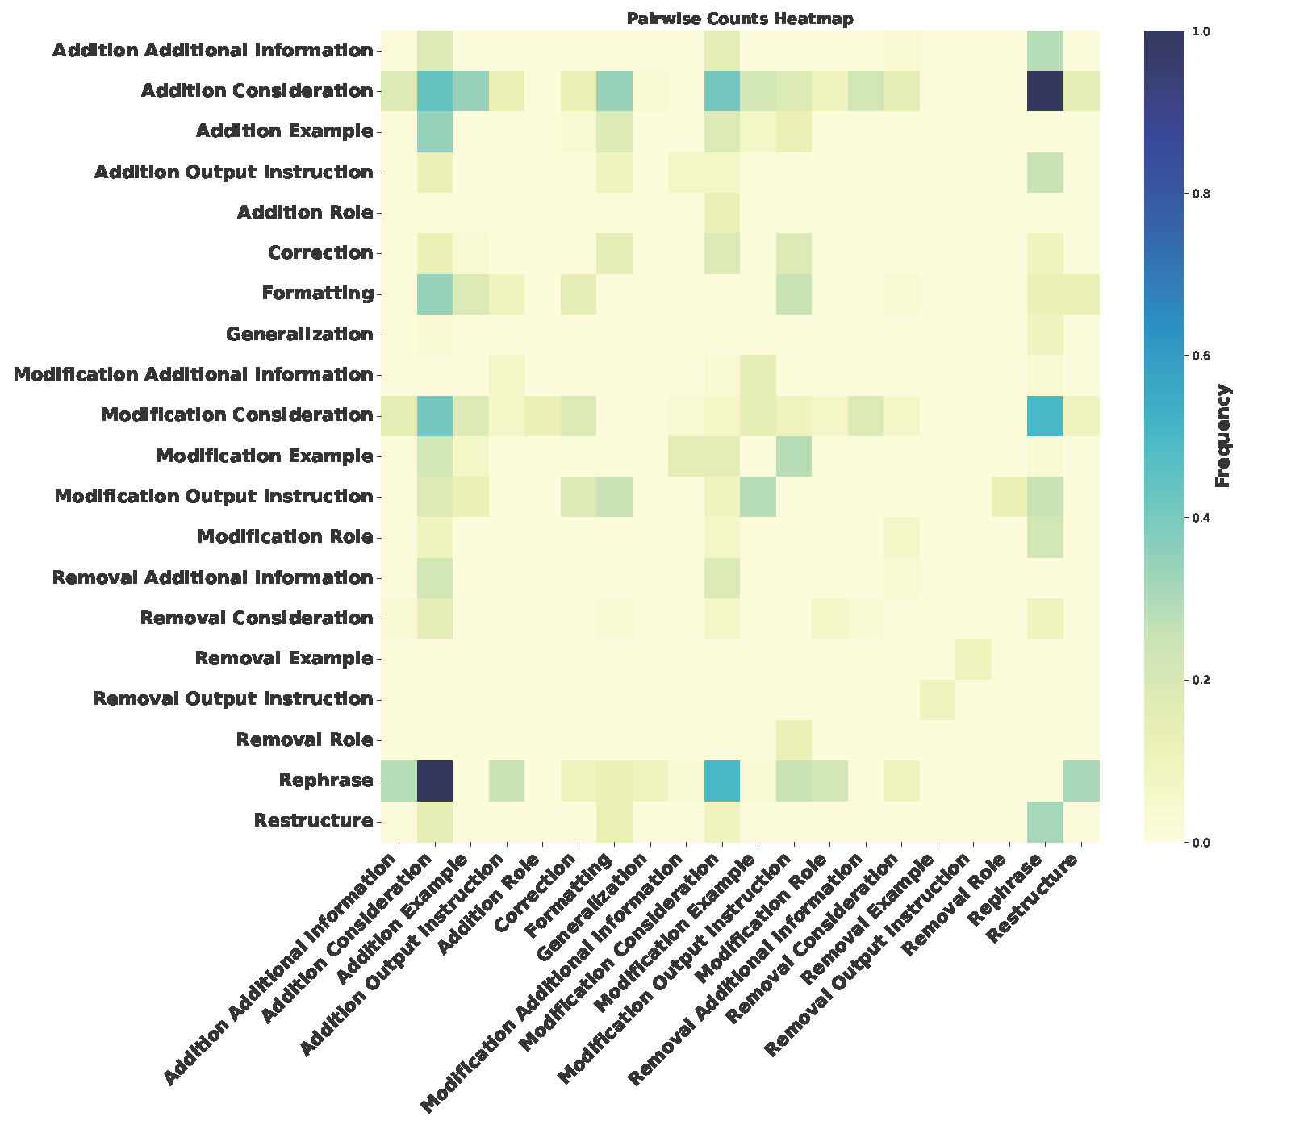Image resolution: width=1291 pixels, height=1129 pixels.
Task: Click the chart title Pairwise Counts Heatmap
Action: pos(739,19)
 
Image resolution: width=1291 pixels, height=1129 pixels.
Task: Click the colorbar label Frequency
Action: pos(1222,436)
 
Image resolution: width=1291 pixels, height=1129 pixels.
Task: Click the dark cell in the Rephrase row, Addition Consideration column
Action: pos(435,781)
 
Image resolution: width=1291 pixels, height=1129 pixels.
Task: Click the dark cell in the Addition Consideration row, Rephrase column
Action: pos(1044,91)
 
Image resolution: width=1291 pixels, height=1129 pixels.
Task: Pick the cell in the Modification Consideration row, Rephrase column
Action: pos(1044,415)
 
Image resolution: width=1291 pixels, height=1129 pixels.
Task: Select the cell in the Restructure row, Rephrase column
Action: pos(1044,821)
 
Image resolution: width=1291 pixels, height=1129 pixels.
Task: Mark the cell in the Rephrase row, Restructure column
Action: pos(1080,781)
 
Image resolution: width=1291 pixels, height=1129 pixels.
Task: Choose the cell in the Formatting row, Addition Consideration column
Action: pos(435,294)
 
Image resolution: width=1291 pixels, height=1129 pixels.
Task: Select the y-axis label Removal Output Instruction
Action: pos(233,698)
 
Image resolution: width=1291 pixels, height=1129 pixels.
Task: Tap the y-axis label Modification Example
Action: pos(265,456)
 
